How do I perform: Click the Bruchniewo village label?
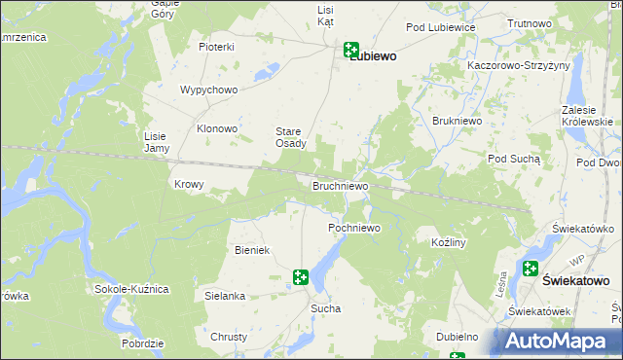click(x=340, y=185)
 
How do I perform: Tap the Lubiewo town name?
click(x=372, y=56)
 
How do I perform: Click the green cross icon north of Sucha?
click(x=301, y=278)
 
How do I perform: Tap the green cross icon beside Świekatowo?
click(x=531, y=270)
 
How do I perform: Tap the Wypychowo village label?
click(x=209, y=90)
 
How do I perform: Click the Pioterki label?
click(x=216, y=47)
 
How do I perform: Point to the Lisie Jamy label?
click(x=157, y=142)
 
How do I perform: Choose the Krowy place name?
click(x=188, y=184)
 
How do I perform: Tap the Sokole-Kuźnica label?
click(x=132, y=289)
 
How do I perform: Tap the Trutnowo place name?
click(x=531, y=22)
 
